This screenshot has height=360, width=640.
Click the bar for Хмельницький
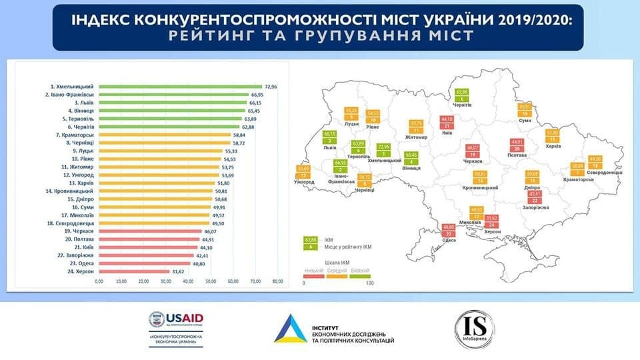[180, 87]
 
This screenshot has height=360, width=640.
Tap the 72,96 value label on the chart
[271, 87]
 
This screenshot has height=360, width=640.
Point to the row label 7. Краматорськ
[73, 135]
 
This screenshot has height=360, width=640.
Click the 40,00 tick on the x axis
[188, 281]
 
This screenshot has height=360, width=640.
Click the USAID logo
[175, 321]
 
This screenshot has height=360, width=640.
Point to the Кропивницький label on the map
[480, 188]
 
